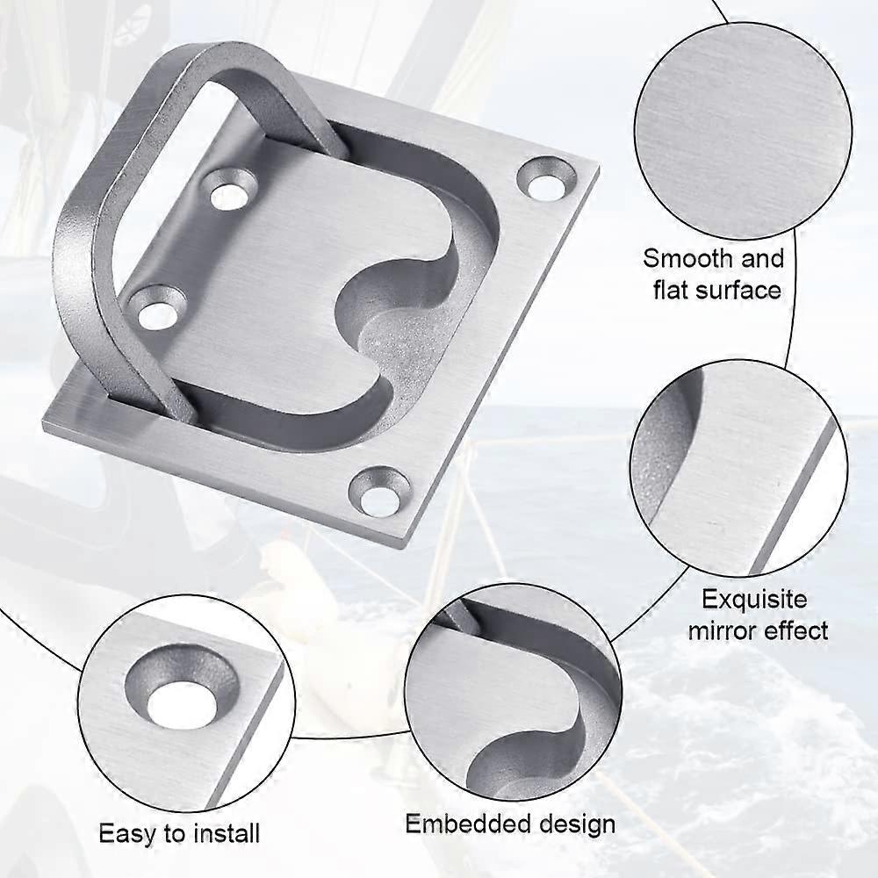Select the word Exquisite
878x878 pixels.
click(x=753, y=600)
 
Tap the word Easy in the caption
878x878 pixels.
click(x=121, y=832)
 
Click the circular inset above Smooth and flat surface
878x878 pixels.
click(x=742, y=132)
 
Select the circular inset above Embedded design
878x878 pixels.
click(x=514, y=698)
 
